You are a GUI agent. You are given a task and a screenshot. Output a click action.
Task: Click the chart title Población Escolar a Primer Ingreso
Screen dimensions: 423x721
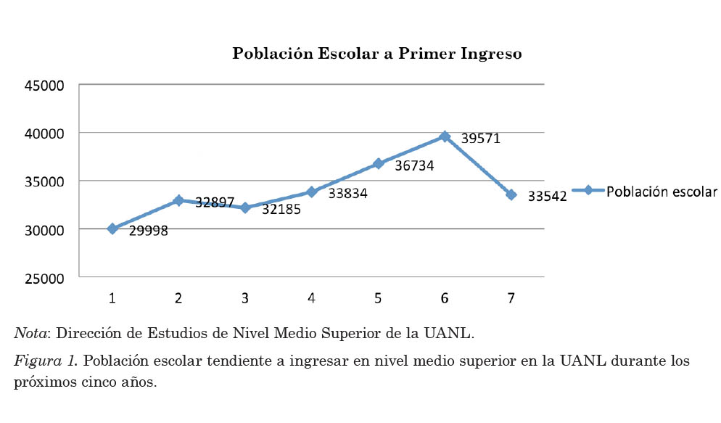click(x=376, y=54)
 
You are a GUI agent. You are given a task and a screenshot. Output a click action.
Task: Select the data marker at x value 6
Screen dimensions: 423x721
click(x=445, y=136)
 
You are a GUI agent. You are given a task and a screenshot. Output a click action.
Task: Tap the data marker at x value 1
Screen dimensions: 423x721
click(x=112, y=229)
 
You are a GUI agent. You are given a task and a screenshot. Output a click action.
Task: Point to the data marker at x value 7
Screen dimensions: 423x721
click(x=511, y=194)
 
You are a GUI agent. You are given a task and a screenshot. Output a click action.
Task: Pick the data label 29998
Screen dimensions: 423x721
click(x=149, y=231)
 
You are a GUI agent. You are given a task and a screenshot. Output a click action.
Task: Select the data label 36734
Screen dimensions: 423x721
click(x=414, y=166)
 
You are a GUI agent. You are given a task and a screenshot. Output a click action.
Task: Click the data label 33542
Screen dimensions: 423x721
click(x=547, y=196)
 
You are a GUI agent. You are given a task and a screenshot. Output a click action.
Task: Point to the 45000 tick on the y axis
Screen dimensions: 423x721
click(x=45, y=85)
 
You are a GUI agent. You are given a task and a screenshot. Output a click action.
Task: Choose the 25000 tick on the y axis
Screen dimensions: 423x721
click(x=45, y=277)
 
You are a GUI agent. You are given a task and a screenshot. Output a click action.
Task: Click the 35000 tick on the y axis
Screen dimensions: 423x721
click(x=45, y=181)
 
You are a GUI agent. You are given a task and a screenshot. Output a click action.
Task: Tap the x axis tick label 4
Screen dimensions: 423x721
click(x=311, y=297)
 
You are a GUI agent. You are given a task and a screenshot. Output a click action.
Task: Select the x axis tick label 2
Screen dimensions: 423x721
click(x=178, y=297)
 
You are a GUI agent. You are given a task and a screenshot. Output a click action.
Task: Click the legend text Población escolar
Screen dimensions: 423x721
click(x=662, y=192)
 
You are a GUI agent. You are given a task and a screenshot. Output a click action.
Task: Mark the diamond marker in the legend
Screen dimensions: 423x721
click(x=588, y=191)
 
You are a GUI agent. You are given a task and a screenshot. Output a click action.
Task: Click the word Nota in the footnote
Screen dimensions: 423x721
click(x=30, y=334)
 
